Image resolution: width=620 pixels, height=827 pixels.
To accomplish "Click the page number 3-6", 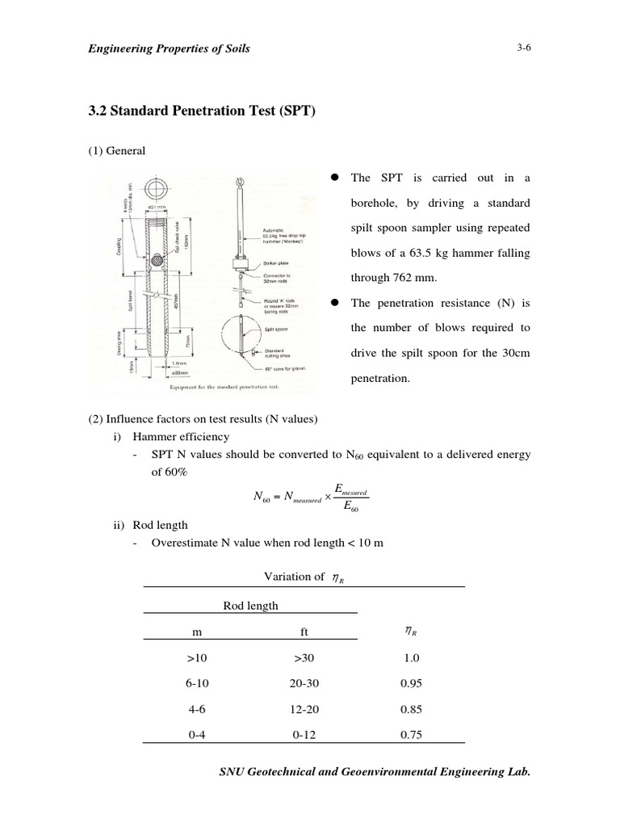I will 524,48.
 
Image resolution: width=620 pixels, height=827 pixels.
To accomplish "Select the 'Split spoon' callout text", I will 271,330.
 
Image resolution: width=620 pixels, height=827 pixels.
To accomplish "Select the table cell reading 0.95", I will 411,683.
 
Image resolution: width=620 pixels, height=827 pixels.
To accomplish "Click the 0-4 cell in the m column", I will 196,735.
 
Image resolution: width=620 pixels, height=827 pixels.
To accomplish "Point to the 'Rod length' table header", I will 250,606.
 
